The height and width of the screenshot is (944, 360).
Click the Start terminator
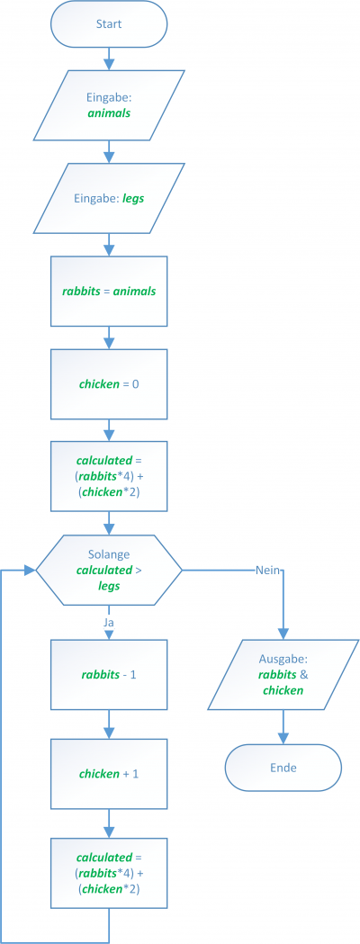pyautogui.click(x=109, y=24)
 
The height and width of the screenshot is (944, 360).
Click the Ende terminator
pyautogui.click(x=283, y=768)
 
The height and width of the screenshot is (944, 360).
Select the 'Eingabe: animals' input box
pyautogui.click(x=109, y=104)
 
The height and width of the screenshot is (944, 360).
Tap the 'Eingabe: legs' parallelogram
pyautogui.click(x=109, y=197)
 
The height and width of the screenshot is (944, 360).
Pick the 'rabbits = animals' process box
pyautogui.click(x=109, y=291)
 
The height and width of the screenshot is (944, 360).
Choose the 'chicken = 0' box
pyautogui.click(x=109, y=383)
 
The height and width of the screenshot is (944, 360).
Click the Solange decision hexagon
pyautogui.click(x=109, y=570)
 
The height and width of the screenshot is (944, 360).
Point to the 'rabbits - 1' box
pyautogui.click(x=109, y=674)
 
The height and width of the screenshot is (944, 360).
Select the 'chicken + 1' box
pyautogui.click(x=109, y=774)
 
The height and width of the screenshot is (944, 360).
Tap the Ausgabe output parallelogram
pyautogui.click(x=283, y=674)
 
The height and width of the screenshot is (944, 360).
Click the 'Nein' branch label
pyautogui.click(x=267, y=570)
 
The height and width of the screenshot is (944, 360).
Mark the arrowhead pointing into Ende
pyautogui.click(x=283, y=739)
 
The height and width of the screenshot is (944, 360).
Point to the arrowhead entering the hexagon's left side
pyautogui.click(x=30, y=570)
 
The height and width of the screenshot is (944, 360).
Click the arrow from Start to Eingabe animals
pyautogui.click(x=109, y=58)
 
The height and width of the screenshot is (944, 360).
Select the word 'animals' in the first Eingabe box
pyautogui.click(x=109, y=112)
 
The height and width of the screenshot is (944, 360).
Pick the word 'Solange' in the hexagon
pyautogui.click(x=109, y=553)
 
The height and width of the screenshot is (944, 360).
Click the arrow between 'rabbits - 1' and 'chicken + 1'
pyautogui.click(x=109, y=724)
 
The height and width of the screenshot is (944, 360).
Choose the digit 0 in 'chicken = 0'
pyautogui.click(x=136, y=383)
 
